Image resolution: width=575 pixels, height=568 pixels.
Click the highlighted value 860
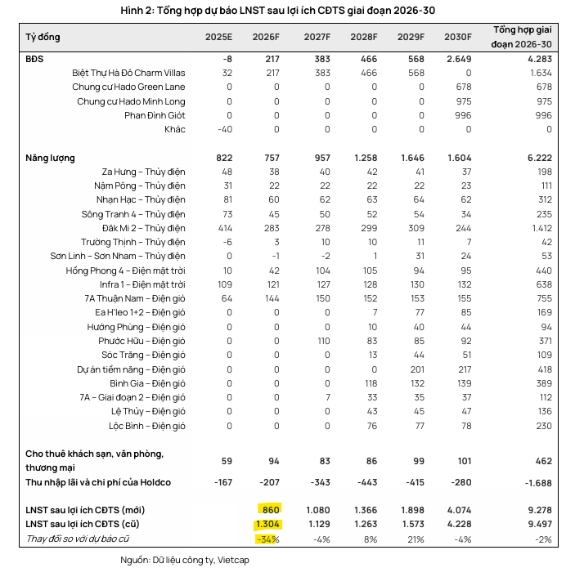270,508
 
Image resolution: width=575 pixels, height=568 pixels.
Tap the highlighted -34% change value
268,539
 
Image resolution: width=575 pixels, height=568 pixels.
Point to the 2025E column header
218,38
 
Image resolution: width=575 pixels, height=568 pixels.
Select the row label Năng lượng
50,158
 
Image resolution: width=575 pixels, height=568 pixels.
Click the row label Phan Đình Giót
155,115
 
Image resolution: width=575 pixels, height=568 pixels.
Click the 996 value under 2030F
463,115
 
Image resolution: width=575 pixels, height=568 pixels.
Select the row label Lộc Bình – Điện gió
147,426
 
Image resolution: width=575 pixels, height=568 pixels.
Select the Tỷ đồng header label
43,38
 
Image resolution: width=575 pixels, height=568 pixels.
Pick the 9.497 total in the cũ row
537,523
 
